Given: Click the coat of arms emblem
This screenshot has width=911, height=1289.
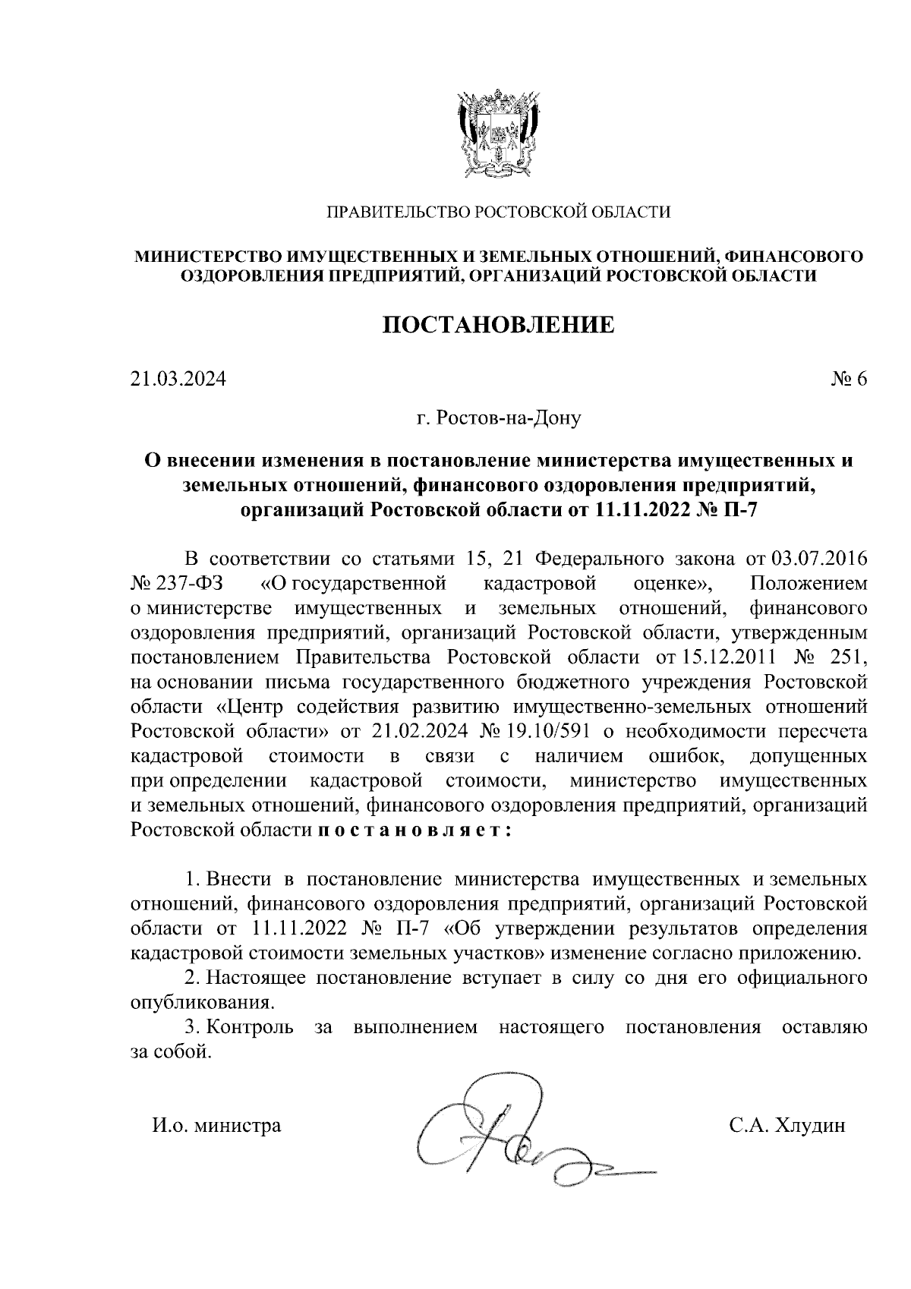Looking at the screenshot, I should [497, 134].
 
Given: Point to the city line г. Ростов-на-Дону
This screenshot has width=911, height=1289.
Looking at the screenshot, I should [498, 418].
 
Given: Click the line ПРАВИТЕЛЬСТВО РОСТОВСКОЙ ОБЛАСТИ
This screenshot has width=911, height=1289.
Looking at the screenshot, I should [498, 213].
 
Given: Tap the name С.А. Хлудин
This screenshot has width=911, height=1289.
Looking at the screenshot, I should [787, 1126].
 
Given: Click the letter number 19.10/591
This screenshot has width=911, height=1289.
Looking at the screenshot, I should [548, 731].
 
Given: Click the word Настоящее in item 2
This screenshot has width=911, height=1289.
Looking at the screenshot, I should [255, 978].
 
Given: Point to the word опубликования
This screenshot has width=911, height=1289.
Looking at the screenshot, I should [201, 1003].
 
